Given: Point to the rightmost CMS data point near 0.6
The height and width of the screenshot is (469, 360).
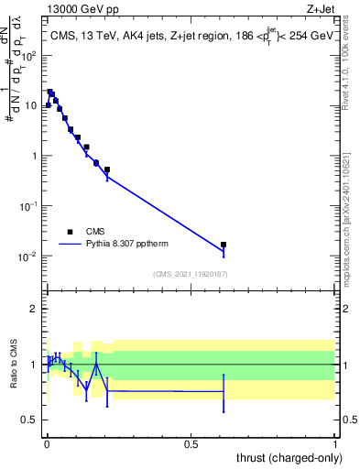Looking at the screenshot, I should (x=223, y=245).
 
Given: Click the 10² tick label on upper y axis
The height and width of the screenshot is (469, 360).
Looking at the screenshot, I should (x=30, y=55).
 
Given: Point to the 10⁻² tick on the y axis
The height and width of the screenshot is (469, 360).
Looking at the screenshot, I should (x=29, y=256).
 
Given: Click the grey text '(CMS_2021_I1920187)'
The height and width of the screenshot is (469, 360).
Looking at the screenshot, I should (x=191, y=274).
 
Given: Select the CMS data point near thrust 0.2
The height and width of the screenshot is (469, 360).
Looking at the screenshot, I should (x=107, y=169).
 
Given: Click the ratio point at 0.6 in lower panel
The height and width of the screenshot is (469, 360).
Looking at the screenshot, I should (x=223, y=391).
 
